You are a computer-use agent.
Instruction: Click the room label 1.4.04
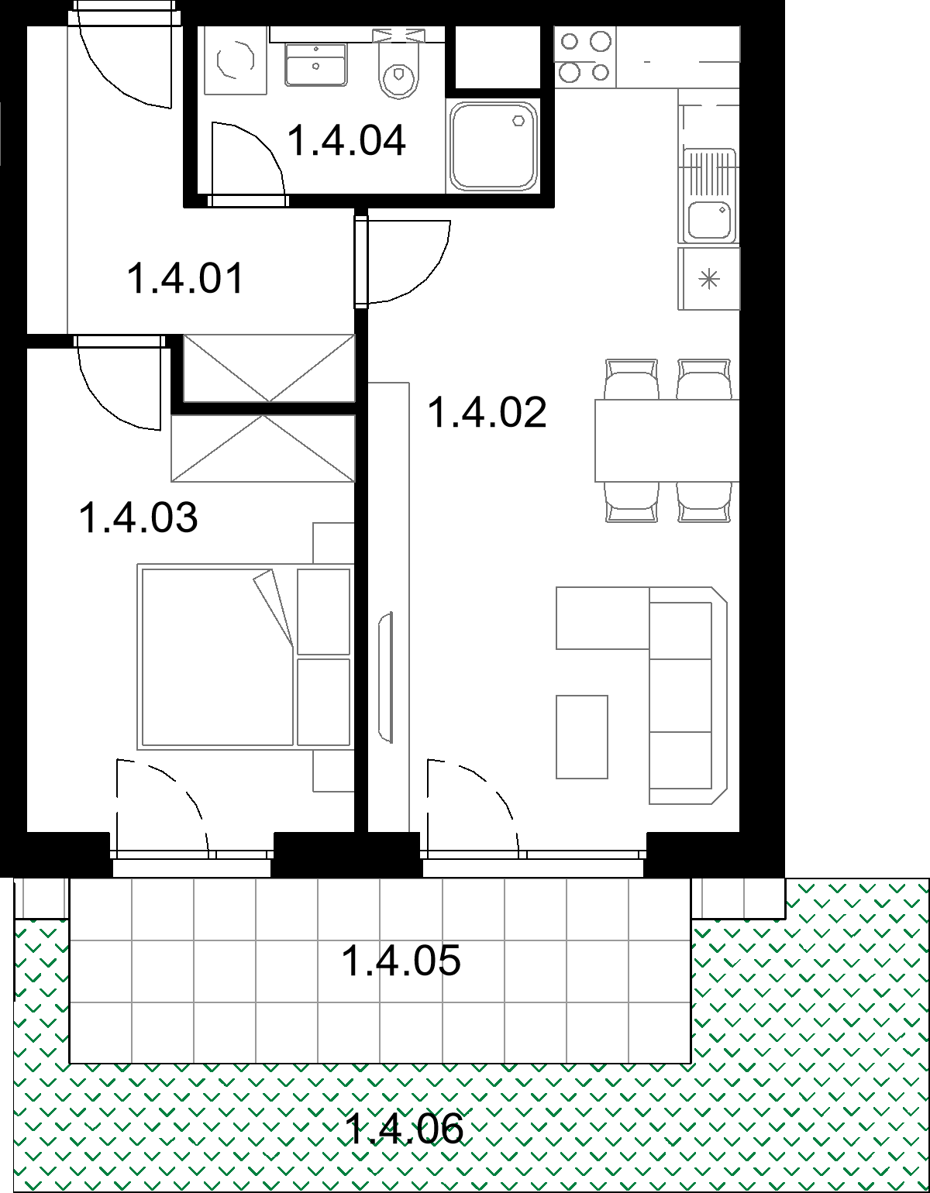pyautogui.click(x=346, y=141)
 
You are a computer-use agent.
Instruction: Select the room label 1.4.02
pyautogui.click(x=487, y=412)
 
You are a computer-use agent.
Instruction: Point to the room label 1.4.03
pyautogui.click(x=139, y=517)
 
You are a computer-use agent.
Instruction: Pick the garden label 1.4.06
pyautogui.click(x=405, y=1129)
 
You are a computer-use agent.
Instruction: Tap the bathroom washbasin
pyautogui.click(x=316, y=65)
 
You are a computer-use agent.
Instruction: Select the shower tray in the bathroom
pyautogui.click(x=493, y=146)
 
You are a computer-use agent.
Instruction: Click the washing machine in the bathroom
pyautogui.click(x=236, y=60)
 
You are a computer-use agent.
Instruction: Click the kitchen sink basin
pyautogui.click(x=709, y=219)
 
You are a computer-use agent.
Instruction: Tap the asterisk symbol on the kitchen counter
pyautogui.click(x=709, y=280)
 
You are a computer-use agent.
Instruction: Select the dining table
pyautogui.click(x=667, y=440)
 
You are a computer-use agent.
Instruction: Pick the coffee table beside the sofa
pyautogui.click(x=582, y=737)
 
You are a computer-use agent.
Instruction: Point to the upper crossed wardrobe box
pyautogui.click(x=269, y=368)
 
